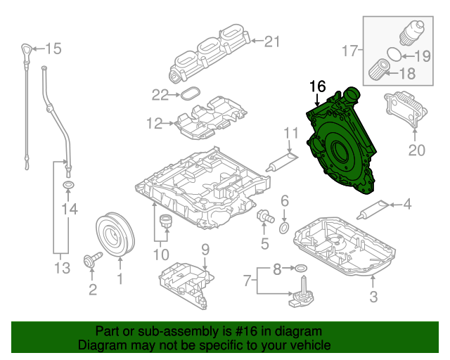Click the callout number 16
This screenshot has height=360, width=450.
tap(317, 86)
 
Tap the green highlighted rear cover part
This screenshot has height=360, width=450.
tap(341, 148)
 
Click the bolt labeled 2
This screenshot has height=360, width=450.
tap(91, 261)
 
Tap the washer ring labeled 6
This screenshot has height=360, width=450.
tap(284, 228)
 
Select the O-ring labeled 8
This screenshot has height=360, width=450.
tap(300, 269)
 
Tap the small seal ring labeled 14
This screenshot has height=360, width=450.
tap(68, 186)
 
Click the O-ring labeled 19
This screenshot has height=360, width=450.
tap(396, 53)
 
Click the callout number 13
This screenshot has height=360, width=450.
tap(62, 267)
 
